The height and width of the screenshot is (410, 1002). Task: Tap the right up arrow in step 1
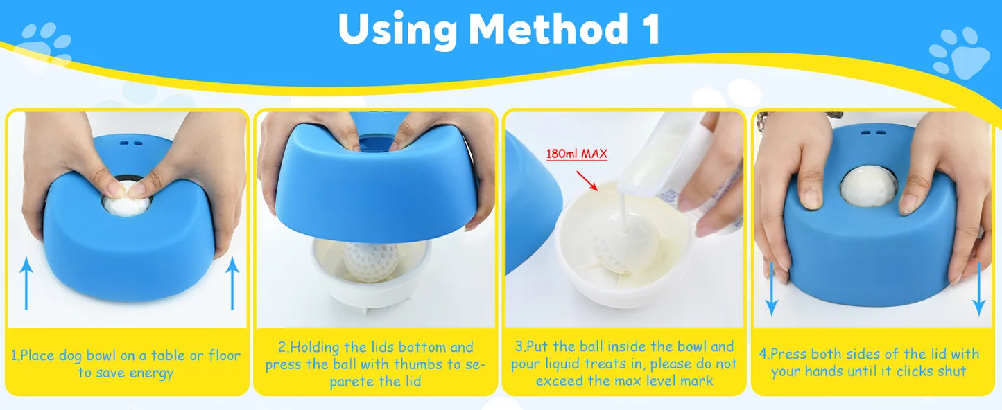(232, 284)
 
